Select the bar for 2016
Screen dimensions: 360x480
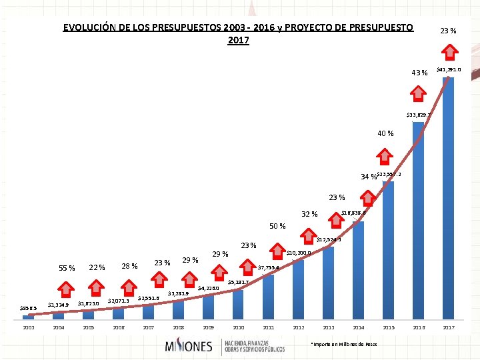pyautogui.click(x=418, y=220)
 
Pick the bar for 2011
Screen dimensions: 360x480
pyautogui.click(x=268, y=297)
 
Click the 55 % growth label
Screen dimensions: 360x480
pyautogui.click(x=67, y=268)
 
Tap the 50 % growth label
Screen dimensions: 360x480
pyautogui.click(x=277, y=226)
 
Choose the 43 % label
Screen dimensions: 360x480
pyautogui.click(x=419, y=73)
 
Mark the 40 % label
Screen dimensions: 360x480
pyautogui.click(x=385, y=134)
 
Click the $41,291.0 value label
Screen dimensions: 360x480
pyautogui.click(x=449, y=69)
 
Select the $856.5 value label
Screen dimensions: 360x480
pyautogui.click(x=27, y=308)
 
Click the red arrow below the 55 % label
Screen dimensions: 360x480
pyautogui.click(x=66, y=289)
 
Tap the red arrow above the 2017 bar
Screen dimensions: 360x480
pyautogui.click(x=450, y=52)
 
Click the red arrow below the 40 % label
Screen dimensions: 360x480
pyautogui.click(x=385, y=157)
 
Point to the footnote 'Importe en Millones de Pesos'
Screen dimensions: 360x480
pyautogui.click(x=344, y=344)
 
